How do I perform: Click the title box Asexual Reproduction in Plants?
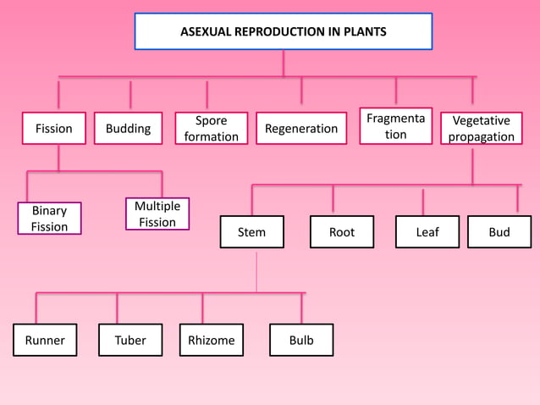coord(284,31)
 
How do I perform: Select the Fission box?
coord(53,129)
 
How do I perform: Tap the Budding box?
coord(128,129)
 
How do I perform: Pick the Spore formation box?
coord(211,129)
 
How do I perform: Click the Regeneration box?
coord(301,129)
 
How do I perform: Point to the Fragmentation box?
coord(395,125)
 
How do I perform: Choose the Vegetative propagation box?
coord(481,129)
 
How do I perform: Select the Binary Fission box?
coord(49,219)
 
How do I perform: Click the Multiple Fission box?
coord(157,214)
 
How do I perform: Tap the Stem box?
coord(251,232)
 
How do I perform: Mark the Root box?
coord(341,232)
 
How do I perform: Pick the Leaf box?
coord(427,232)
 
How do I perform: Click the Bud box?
coord(499,232)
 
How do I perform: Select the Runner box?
coord(45,341)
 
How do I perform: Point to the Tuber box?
coord(130,341)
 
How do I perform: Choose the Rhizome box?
coord(211,341)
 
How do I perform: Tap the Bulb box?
coord(300,341)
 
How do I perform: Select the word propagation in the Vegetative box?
coord(481,137)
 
